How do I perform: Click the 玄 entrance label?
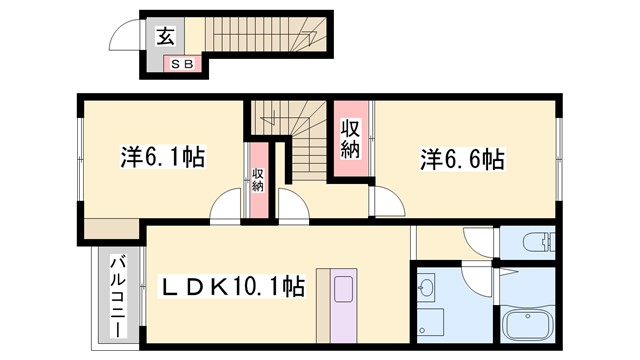pos(166,38)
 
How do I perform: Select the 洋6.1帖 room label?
pos(163,157)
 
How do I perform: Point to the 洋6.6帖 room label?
pos(461,158)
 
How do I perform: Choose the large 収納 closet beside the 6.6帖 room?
pos(350,140)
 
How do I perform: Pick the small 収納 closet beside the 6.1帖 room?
pos(257,182)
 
